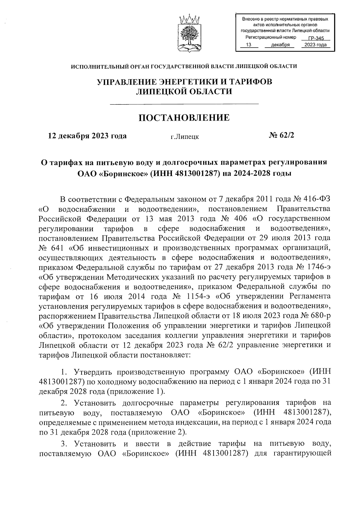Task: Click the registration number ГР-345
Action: [x=316, y=38]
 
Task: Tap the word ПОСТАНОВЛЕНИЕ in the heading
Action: [x=184, y=118]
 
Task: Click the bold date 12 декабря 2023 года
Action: [x=87, y=136]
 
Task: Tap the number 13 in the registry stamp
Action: [x=248, y=45]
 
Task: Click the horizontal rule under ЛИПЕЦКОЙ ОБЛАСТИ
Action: [x=184, y=104]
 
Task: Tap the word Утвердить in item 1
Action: [x=92, y=372]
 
